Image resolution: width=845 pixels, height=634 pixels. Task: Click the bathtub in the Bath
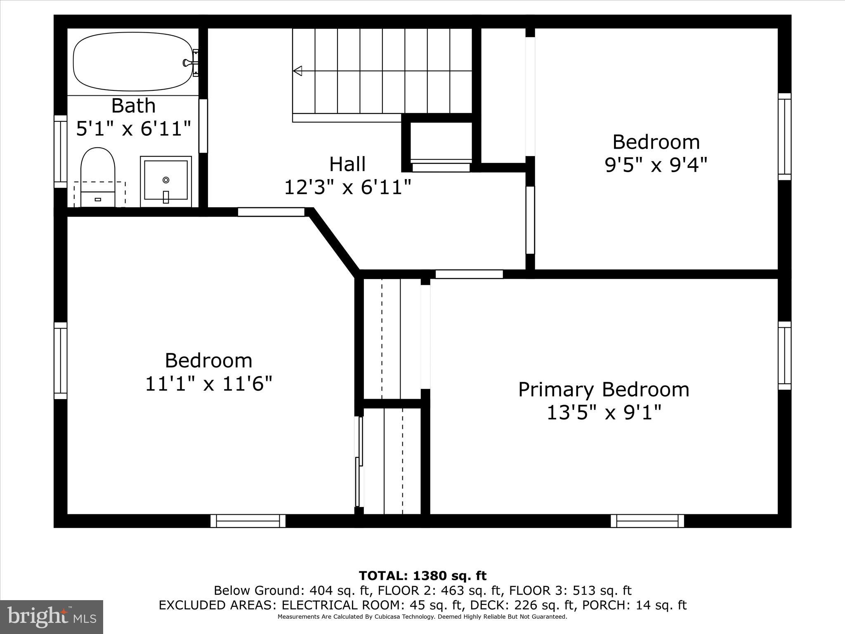coord(132,62)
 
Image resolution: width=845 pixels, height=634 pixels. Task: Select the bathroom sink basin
coord(166,181)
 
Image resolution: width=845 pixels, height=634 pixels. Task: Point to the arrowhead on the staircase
coord(297,71)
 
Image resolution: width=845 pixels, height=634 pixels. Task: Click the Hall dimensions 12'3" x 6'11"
coord(347,187)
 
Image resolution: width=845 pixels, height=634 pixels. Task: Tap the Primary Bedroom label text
coord(603,390)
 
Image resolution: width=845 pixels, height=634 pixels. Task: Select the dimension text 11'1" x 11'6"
coord(209,384)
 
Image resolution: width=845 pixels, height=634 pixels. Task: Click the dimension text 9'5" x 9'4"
coord(656,165)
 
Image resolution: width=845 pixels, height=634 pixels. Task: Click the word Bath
coord(133,106)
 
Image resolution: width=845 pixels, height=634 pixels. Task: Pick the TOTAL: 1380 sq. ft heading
coord(422,576)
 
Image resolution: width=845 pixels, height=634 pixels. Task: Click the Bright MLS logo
coord(51,617)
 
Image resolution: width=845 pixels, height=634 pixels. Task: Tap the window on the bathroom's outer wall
coord(60,151)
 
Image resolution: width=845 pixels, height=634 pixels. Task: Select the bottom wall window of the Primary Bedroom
coord(647,521)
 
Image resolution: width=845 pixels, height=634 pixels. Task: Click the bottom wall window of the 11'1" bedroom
coord(248,521)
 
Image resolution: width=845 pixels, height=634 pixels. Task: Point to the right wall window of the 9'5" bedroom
coord(784,137)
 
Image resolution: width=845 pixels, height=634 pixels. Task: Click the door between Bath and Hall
coord(203,126)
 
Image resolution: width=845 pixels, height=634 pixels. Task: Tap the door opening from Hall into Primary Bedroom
coord(469,274)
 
